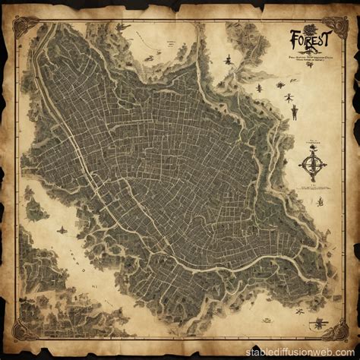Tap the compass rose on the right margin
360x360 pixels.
[x=311, y=163]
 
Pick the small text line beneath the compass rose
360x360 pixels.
[x=311, y=186]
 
